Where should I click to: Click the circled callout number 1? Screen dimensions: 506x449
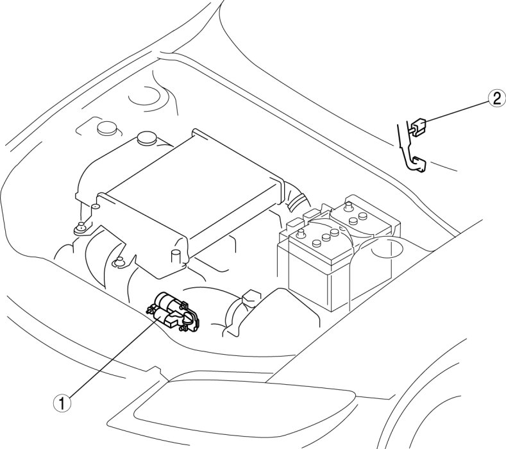pyautogui.click(x=62, y=403)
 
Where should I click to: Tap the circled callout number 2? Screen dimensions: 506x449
pyautogui.click(x=496, y=98)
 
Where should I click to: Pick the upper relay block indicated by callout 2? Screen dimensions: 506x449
pyautogui.click(x=417, y=127)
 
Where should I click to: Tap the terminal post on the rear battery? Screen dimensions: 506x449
pyautogui.click(x=348, y=207)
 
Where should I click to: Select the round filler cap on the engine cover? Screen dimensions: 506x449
pyautogui.click(x=146, y=138)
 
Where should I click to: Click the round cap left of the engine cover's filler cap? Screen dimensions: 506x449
pyautogui.click(x=107, y=128)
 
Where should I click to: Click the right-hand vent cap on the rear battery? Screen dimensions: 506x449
pyautogui.click(x=364, y=216)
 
